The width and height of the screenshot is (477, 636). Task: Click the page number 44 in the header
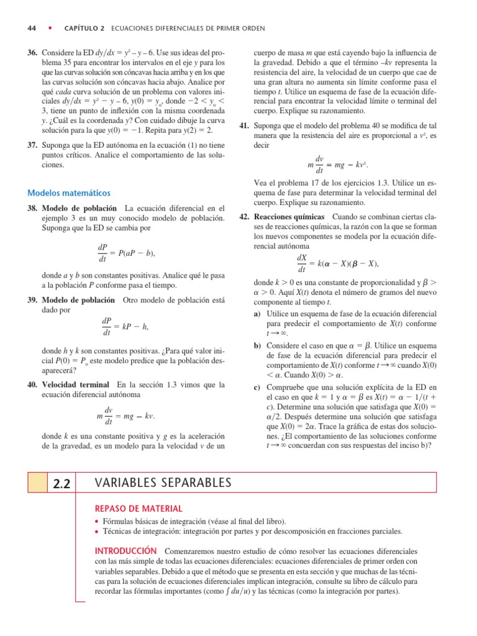pos(32,28)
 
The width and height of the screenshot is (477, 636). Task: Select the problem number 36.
pos(32,53)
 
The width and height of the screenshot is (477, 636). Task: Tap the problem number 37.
pos(32,145)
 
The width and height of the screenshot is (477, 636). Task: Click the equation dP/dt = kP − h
pos(125,326)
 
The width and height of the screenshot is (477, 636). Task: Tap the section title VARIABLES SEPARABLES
pos(163,483)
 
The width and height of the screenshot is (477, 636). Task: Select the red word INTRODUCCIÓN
pos(124,551)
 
